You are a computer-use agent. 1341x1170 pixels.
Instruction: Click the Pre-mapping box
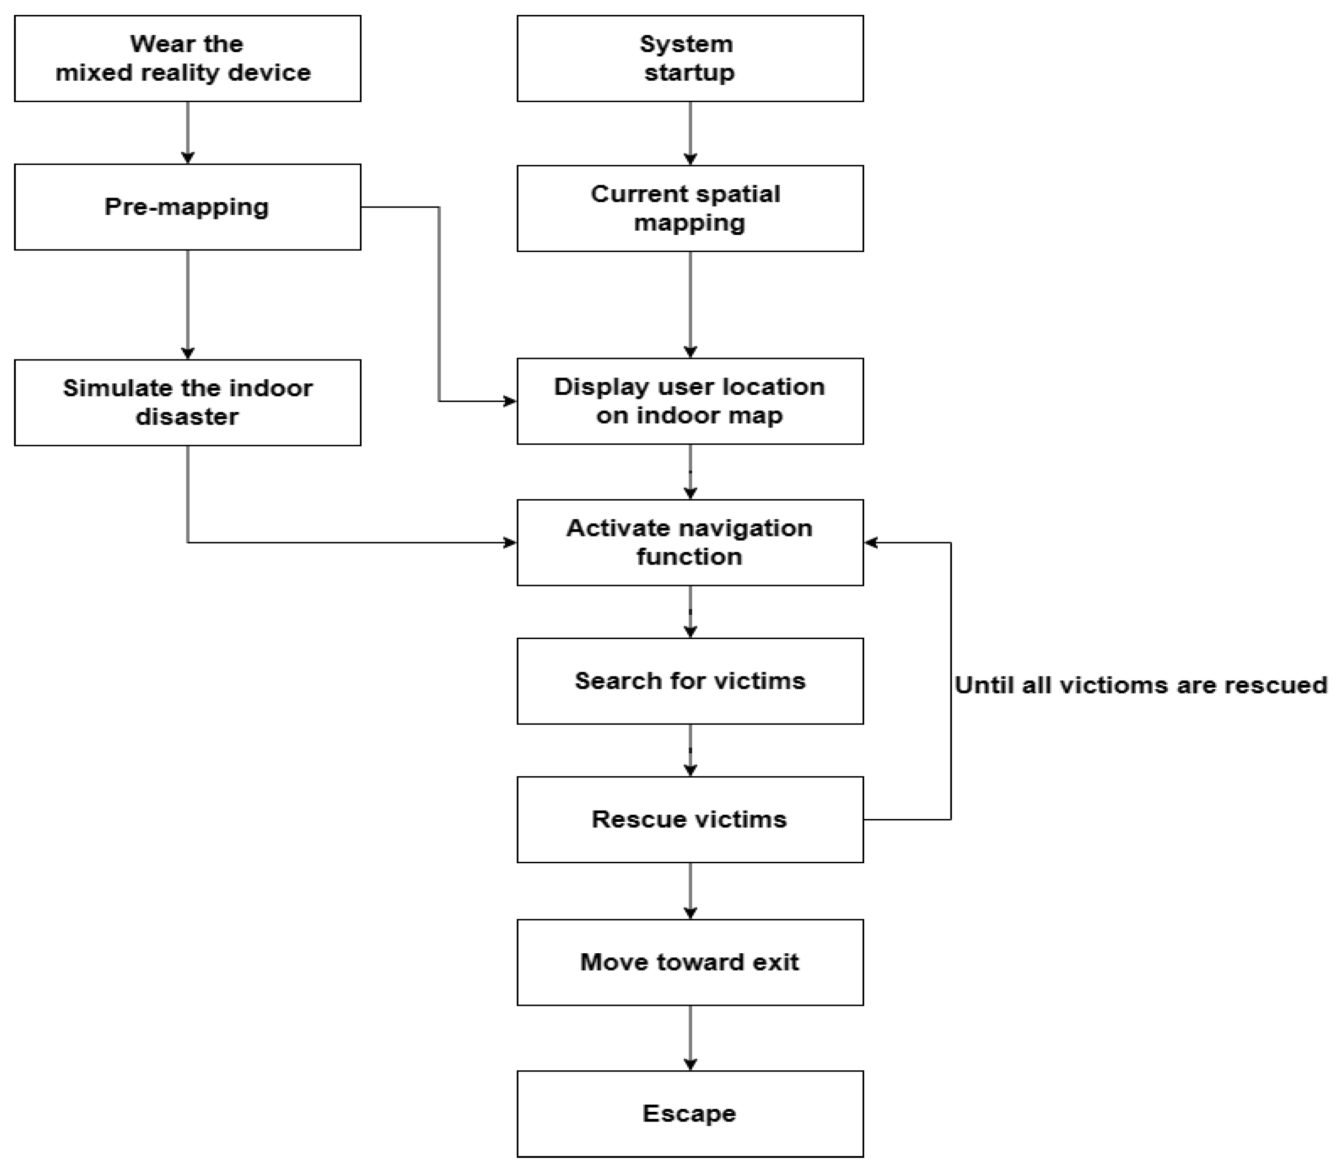click(x=187, y=207)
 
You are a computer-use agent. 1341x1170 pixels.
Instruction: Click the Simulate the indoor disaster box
click(x=187, y=402)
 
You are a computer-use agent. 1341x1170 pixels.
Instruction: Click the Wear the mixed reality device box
click(x=187, y=58)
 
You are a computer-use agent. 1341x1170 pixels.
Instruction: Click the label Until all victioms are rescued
click(x=1141, y=685)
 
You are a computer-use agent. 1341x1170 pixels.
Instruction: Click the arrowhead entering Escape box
click(x=690, y=1064)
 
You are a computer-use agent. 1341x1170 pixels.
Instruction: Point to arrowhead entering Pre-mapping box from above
click(x=188, y=158)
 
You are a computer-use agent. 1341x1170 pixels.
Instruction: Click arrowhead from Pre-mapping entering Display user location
click(x=510, y=401)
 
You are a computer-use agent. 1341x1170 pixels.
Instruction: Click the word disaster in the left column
click(x=187, y=417)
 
